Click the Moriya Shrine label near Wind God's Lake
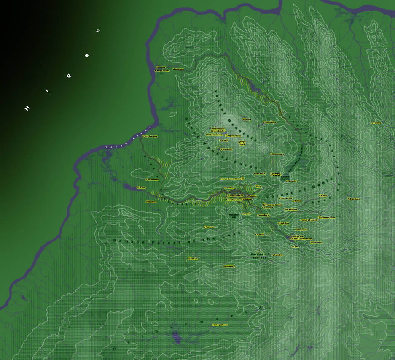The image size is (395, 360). [234, 136]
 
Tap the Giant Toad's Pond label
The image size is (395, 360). [242, 143]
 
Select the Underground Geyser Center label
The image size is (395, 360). [218, 130]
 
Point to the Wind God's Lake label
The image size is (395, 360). [214, 135]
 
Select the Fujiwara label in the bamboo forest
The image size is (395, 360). [210, 227]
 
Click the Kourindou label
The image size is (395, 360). [263, 215]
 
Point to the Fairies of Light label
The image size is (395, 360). [308, 220]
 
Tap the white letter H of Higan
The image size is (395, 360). [27, 108]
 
